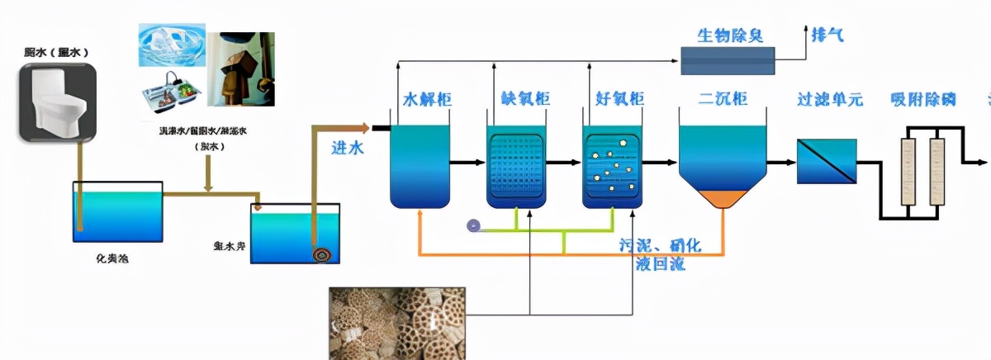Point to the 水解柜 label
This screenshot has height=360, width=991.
(x=426, y=100)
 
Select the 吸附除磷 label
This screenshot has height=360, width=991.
(x=922, y=100)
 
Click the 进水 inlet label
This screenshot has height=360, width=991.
(x=348, y=148)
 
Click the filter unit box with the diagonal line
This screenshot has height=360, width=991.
(x=826, y=161)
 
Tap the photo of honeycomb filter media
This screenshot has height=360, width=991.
(x=396, y=323)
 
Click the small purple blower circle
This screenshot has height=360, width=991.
(x=473, y=225)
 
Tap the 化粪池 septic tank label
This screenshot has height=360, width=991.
(x=113, y=258)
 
